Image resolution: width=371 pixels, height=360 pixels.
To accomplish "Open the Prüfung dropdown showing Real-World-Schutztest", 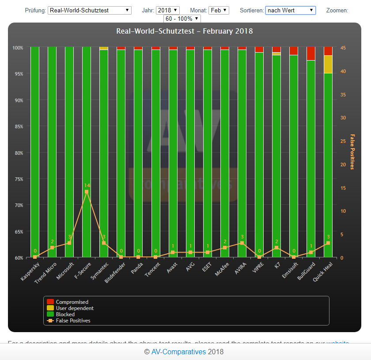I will click(90, 10).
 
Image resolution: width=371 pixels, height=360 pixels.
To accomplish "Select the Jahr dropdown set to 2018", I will click(168, 10).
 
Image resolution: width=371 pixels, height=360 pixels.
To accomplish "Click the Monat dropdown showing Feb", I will click(220, 10).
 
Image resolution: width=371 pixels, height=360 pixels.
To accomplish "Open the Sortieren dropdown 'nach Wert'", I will click(290, 10).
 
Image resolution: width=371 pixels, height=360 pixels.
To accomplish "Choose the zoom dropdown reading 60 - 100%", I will click(182, 19).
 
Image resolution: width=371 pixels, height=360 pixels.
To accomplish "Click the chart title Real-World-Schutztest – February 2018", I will click(185, 31).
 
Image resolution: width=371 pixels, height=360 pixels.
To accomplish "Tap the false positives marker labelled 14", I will click(87, 192).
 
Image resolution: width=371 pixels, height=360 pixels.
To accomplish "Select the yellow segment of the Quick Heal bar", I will click(328, 64).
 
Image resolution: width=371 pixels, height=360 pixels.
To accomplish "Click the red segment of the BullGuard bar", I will click(311, 54).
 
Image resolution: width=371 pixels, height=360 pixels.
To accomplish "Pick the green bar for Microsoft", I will click(69, 150).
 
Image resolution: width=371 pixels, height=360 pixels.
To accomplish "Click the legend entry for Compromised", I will click(72, 302).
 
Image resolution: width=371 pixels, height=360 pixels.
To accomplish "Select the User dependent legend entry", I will click(75, 308).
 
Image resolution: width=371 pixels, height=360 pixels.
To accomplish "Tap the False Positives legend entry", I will click(73, 321).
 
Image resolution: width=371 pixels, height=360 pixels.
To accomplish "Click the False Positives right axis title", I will click(352, 152).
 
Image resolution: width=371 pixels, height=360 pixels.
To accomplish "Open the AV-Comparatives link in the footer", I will click(178, 352).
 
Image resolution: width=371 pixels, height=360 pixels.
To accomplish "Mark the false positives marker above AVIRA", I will click(242, 243).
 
